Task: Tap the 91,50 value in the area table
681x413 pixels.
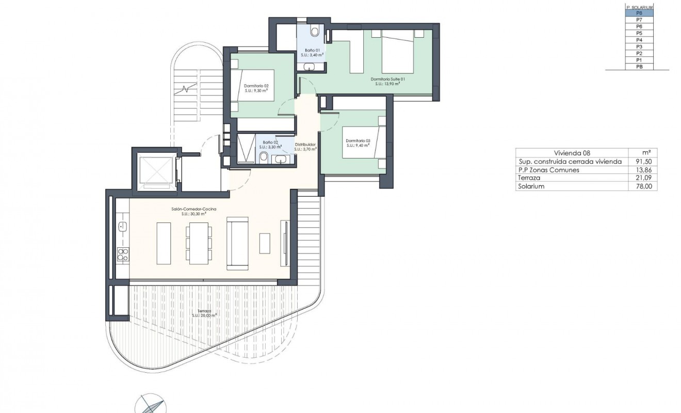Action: pyautogui.click(x=643, y=161)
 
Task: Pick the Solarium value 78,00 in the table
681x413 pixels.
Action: pyautogui.click(x=643, y=186)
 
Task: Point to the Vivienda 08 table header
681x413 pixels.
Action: pyautogui.click(x=571, y=153)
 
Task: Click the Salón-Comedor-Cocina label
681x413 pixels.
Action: pyautogui.click(x=193, y=209)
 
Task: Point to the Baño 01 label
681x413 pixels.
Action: pyautogui.click(x=313, y=51)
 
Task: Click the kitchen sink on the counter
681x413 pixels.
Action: pyautogui.click(x=122, y=226)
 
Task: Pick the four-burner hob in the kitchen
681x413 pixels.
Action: pyautogui.click(x=123, y=253)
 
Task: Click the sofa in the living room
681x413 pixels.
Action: pyautogui.click(x=238, y=243)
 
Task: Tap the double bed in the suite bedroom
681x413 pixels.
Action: pyautogui.click(x=397, y=51)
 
